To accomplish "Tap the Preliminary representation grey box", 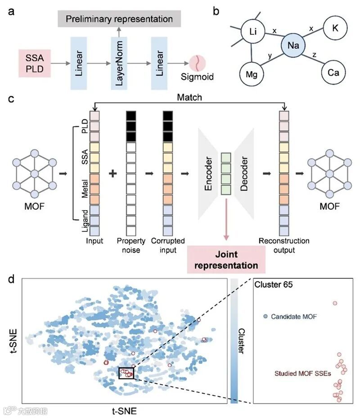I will [x=119, y=19].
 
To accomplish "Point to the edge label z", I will [x=315, y=55].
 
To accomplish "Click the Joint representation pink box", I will [x=226, y=259].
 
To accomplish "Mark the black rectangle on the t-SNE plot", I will [x=126, y=373].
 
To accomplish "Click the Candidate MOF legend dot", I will [x=265, y=317].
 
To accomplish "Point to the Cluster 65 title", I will [x=273, y=285].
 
